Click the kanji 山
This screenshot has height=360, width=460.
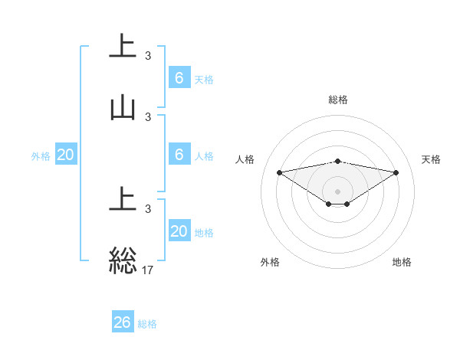click(x=123, y=108)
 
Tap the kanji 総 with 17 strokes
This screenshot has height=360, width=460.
click(x=123, y=260)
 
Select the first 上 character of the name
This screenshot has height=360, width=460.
click(x=123, y=46)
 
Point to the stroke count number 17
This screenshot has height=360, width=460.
click(x=147, y=269)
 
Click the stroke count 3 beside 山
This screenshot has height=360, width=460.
click(x=147, y=117)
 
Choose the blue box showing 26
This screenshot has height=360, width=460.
click(x=123, y=322)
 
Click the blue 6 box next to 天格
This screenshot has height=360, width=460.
click(x=179, y=77)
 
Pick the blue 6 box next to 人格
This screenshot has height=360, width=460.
click(x=179, y=154)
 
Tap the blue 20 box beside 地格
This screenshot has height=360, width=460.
click(x=179, y=231)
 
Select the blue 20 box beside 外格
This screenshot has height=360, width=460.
click(x=66, y=155)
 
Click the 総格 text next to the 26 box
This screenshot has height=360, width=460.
click(x=147, y=324)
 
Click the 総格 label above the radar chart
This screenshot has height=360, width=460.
click(x=338, y=100)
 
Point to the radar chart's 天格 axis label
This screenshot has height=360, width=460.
click(x=432, y=159)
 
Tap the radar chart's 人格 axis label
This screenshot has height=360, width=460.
click(x=246, y=159)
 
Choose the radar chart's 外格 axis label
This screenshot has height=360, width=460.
click(x=270, y=262)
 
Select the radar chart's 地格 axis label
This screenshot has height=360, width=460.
click(x=402, y=262)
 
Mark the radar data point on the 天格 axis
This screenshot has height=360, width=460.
click(x=396, y=172)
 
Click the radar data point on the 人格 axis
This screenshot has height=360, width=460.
click(x=280, y=172)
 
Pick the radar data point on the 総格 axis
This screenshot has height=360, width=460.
click(x=338, y=161)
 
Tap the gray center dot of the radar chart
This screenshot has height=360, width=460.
click(x=338, y=191)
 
